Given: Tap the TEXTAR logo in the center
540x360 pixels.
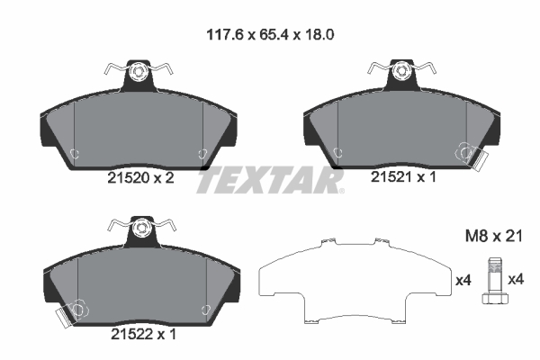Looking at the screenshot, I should pyautogui.click(x=270, y=180).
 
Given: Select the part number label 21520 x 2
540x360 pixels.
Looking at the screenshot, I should pyautogui.click(x=136, y=178).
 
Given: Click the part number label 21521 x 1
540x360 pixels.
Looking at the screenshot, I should pyautogui.click(x=403, y=178).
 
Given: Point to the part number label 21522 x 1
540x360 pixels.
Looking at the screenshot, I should pyautogui.click(x=136, y=332).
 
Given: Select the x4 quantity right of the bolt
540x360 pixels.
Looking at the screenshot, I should pyautogui.click(x=516, y=280).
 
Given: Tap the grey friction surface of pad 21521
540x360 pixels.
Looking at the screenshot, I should pyautogui.click(x=400, y=126).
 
